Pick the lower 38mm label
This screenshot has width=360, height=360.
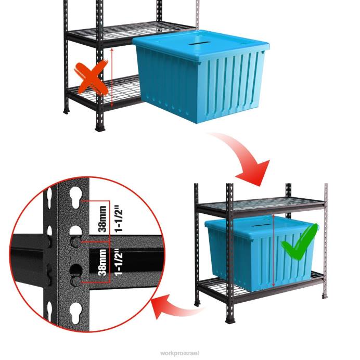(x=102, y=263)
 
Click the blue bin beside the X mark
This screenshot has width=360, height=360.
(x=200, y=78)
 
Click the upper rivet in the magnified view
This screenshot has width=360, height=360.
(x=76, y=242)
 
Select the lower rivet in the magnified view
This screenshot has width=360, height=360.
(x=76, y=281)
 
